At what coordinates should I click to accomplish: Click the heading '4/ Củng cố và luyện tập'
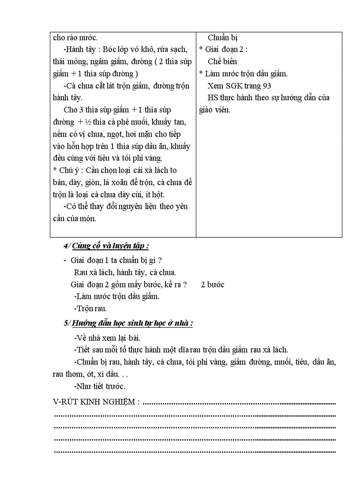tap(110, 246)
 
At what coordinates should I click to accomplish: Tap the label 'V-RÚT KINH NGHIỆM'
tap(96, 402)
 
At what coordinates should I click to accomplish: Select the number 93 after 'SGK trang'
tap(267, 86)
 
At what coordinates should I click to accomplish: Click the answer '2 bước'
tap(213, 285)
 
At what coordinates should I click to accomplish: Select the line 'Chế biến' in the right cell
tap(222, 62)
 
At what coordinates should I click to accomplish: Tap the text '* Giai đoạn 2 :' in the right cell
tap(223, 50)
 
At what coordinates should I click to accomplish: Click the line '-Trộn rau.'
tap(90, 309)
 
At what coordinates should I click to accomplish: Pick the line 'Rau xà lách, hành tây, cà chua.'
tap(125, 273)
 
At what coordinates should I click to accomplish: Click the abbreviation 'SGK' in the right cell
tap(235, 86)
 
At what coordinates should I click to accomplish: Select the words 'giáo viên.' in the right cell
tap(214, 110)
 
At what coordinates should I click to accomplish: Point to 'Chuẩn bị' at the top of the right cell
tap(223, 38)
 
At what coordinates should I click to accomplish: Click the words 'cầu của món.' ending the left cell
tap(74, 218)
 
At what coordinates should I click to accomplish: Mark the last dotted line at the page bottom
tap(194, 451)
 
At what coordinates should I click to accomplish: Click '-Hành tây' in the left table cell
tap(79, 50)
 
